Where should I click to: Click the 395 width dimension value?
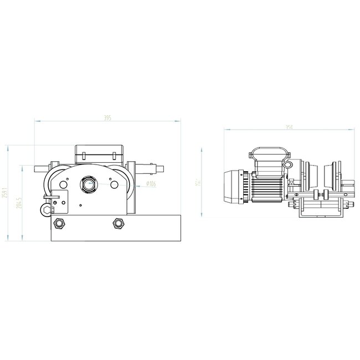pos(108,118)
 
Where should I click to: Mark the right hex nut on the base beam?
pos(117,223)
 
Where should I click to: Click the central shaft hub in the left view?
pos(88,184)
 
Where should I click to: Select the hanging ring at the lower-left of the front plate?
pos(44,205)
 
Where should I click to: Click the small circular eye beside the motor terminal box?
pos(288,165)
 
